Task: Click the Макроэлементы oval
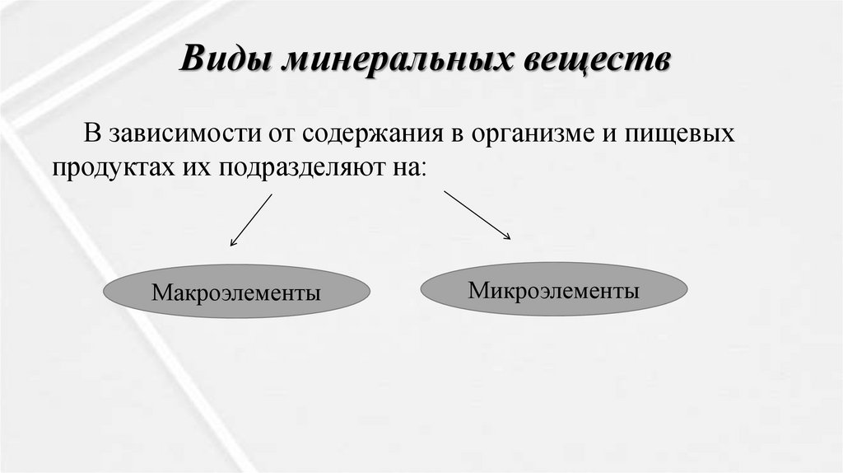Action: [235, 293]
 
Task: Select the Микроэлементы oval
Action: [553, 290]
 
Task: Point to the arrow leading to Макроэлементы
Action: [251, 220]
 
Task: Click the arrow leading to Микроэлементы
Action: [477, 215]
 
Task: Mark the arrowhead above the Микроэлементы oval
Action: [507, 237]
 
